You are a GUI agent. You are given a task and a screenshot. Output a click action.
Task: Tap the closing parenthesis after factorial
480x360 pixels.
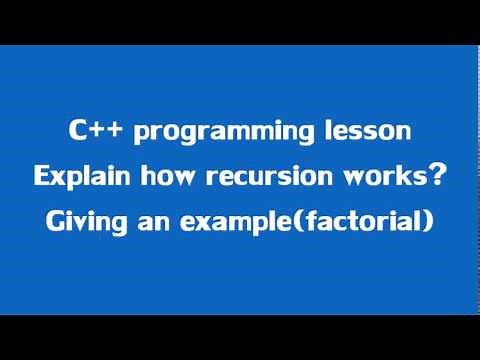(x=429, y=223)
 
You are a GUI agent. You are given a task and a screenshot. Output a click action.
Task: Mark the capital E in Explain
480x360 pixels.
(x=42, y=177)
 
